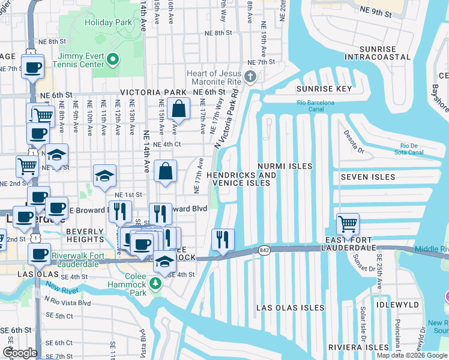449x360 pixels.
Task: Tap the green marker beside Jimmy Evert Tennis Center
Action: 113,59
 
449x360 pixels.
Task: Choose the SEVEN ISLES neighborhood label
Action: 368,177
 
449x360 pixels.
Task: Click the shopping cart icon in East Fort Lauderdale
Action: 348,225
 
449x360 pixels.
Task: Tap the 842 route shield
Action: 265,249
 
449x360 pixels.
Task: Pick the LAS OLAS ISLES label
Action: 290,308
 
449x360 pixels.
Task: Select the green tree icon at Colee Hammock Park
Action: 156,283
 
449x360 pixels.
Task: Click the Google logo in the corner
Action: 20,352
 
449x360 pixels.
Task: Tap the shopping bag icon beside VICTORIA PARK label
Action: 179,109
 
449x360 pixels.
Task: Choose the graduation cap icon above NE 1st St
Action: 104,176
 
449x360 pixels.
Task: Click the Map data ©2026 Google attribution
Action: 412,355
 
